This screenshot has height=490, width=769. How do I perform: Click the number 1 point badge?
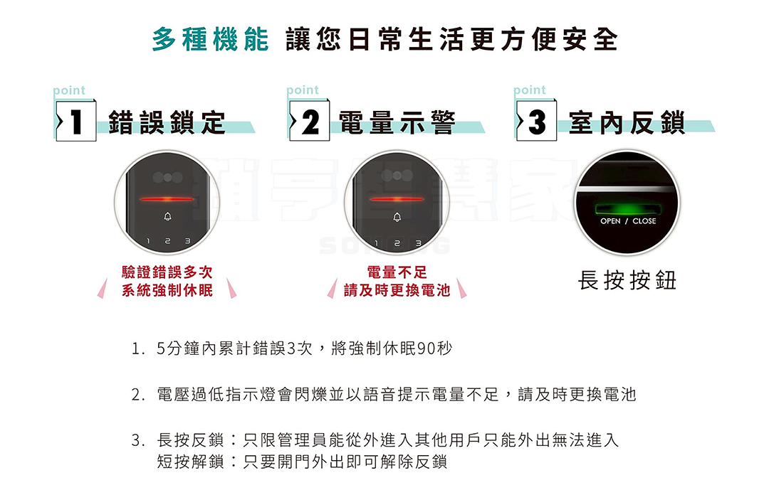click(x=75, y=120)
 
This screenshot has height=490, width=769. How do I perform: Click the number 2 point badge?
click(x=309, y=120)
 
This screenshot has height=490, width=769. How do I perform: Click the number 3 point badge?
click(x=536, y=120)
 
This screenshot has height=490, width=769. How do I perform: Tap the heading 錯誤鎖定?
click(x=167, y=122)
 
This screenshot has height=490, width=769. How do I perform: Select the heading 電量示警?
click(x=397, y=122)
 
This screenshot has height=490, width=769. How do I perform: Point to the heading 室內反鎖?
click(x=627, y=122)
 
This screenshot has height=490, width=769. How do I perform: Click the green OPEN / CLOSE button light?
click(x=627, y=210)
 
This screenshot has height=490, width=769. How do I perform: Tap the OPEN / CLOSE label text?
click(x=628, y=221)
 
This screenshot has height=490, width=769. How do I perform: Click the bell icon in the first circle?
click(x=167, y=217)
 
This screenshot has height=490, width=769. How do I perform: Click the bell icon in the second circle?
click(x=397, y=217)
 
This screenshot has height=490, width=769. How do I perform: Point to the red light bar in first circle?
click(x=167, y=199)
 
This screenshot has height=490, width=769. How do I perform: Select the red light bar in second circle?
click(x=397, y=199)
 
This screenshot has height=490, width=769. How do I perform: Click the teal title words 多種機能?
click(x=210, y=39)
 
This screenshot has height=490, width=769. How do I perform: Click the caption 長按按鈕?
click(x=627, y=280)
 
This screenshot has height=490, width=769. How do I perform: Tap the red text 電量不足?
click(x=397, y=272)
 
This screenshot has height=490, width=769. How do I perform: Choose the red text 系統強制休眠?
click(x=167, y=290)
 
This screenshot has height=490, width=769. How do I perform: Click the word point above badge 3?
click(x=529, y=90)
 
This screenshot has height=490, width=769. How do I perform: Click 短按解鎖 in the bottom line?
click(x=190, y=462)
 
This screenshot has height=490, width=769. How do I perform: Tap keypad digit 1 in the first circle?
click(x=148, y=241)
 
